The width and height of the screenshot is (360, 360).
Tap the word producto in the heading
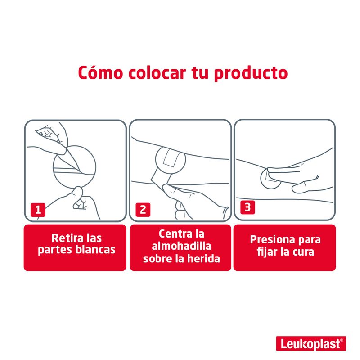[251, 74]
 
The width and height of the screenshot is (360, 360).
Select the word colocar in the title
[157, 73]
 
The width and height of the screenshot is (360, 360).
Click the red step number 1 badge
[38, 210]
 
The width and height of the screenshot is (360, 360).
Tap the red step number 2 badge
[143, 210]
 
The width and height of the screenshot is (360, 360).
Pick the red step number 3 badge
[247, 207]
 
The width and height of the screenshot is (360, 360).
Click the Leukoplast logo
[311, 344]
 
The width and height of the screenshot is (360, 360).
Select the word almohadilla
[181, 246]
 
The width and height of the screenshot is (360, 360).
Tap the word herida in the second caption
[203, 258]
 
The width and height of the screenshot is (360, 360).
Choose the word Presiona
[273, 239]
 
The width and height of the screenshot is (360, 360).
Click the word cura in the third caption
[303, 252]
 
